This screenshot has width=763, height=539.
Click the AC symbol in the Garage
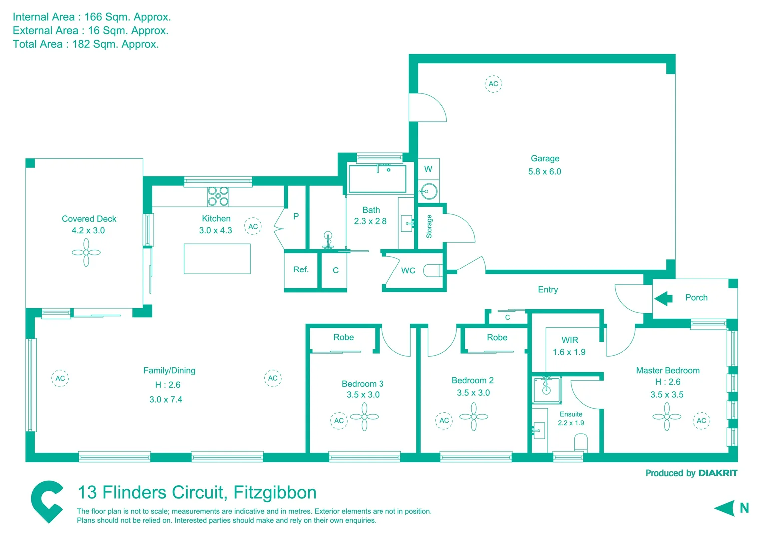493,84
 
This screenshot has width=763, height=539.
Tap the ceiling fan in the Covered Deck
86,252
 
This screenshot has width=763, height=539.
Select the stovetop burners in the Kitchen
218,196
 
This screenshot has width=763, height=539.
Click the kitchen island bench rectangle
217,259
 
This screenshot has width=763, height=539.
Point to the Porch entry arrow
663,298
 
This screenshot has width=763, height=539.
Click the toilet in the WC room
432,270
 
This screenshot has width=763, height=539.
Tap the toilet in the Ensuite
581,442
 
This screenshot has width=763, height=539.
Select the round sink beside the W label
428,191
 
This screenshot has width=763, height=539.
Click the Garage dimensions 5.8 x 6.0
544,172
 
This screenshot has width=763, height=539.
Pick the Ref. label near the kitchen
301,269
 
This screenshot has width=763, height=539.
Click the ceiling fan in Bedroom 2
473,416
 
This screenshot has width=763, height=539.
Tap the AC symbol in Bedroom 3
339,421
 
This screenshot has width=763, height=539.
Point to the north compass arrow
725,508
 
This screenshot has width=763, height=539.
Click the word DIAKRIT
718,473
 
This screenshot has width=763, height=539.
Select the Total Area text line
86,44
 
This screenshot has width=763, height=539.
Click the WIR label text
570,340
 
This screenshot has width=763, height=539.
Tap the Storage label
429,226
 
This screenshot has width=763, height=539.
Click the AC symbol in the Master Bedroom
701,421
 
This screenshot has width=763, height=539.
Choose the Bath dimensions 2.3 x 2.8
370,221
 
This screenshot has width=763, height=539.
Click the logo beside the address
47,501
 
